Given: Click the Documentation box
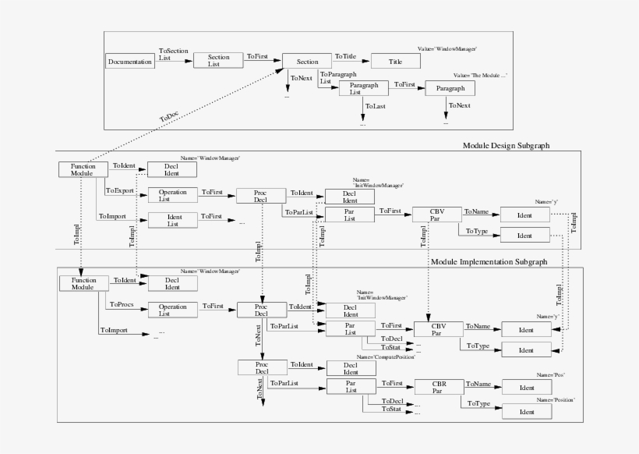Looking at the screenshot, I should [x=130, y=61].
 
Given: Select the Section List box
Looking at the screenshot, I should [x=219, y=61].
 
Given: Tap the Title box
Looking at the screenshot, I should [x=396, y=61].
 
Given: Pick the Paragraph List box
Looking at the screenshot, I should [x=363, y=88].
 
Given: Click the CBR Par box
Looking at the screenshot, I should [x=437, y=386].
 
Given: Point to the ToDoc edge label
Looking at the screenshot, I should [x=168, y=118].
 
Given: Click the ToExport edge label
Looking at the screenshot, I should [x=119, y=190].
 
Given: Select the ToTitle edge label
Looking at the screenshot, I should [x=346, y=56].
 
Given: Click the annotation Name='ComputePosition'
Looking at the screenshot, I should [x=386, y=356].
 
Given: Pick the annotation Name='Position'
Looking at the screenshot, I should [x=554, y=399].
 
